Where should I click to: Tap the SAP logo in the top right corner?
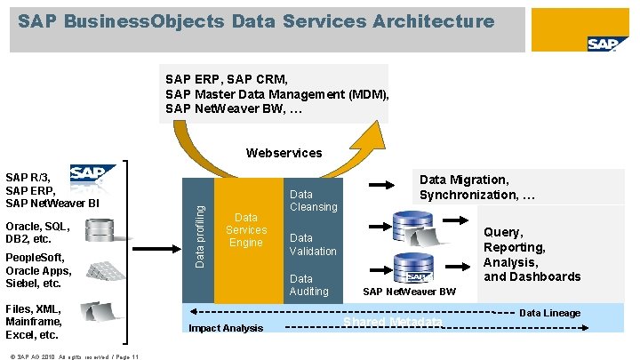(x=607, y=44)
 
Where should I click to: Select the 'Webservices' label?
(x=284, y=153)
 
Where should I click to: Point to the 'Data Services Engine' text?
(x=246, y=229)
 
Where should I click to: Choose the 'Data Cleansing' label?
(x=314, y=200)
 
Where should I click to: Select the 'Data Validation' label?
(x=313, y=244)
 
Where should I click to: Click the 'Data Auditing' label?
(x=309, y=284)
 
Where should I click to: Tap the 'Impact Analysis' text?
(x=226, y=328)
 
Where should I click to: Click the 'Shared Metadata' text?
(x=392, y=321)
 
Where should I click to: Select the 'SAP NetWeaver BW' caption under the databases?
(x=409, y=292)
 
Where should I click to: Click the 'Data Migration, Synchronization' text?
(x=476, y=187)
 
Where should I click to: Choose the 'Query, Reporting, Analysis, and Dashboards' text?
(x=532, y=254)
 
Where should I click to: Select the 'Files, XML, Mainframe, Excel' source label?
(x=34, y=322)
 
